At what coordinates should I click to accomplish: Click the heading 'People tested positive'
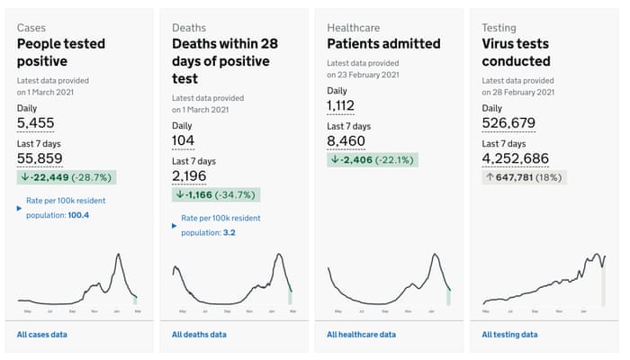click(60, 52)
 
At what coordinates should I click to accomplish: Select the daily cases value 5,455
click(37, 123)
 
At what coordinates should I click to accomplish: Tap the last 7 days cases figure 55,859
click(42, 158)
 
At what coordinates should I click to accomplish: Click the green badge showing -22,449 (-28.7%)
click(67, 177)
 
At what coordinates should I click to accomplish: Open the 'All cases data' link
click(42, 335)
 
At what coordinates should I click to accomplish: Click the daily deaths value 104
click(184, 140)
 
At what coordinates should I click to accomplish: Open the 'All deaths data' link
click(200, 335)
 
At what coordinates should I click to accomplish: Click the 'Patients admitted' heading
click(383, 43)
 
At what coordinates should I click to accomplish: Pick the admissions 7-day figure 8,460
click(347, 141)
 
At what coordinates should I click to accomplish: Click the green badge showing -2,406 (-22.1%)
click(373, 160)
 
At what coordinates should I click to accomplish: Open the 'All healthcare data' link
click(361, 335)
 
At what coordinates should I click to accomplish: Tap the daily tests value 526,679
click(508, 123)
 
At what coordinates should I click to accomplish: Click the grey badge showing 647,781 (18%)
click(524, 177)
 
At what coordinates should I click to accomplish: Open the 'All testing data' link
click(509, 335)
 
